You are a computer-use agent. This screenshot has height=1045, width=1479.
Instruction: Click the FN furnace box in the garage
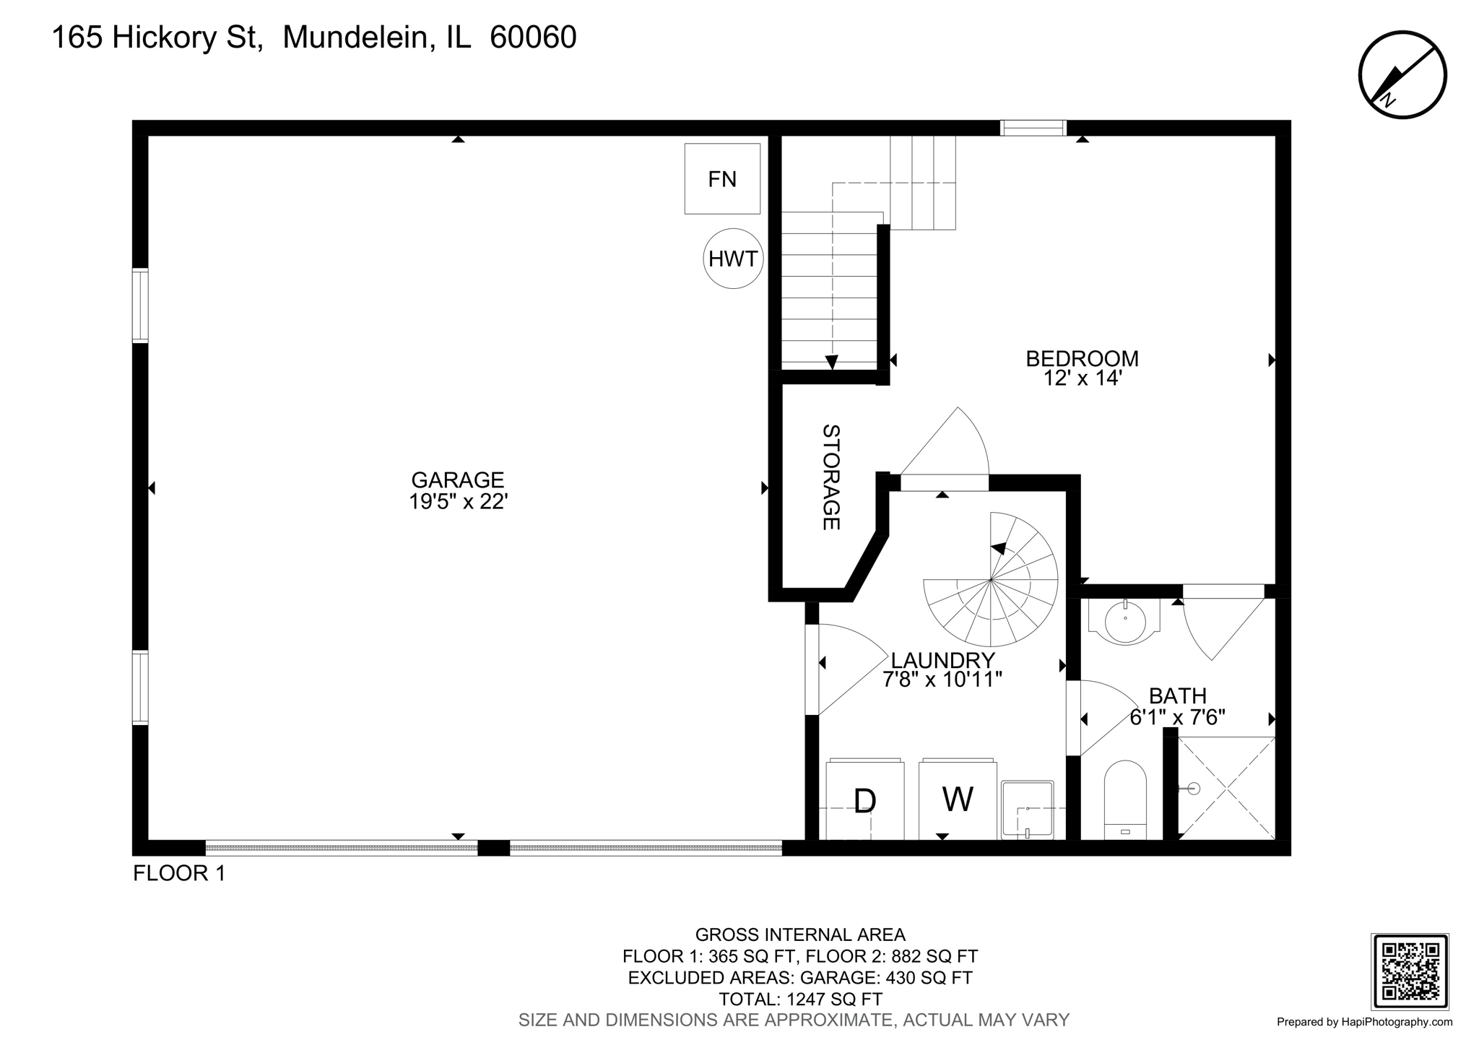point(722,178)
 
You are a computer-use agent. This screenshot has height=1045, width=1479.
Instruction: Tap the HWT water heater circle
point(733,259)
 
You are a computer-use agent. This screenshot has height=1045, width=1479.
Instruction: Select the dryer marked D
point(864,800)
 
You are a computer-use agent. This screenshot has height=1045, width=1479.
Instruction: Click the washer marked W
point(958,799)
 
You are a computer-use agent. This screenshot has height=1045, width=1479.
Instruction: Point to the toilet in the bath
point(1125,799)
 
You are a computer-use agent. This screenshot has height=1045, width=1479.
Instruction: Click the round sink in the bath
point(1125,622)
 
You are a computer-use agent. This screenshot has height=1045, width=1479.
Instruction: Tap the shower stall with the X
point(1226,788)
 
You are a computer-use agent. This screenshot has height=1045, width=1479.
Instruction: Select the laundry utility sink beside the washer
point(1027,810)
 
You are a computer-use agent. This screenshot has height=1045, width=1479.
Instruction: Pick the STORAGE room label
point(831,477)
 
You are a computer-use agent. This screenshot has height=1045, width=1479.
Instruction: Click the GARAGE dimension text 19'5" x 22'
point(458,501)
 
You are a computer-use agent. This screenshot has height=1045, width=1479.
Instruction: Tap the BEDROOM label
point(1082,358)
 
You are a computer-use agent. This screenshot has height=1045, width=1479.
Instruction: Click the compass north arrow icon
point(1402,74)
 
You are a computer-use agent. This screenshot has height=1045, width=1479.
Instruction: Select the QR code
point(1409,971)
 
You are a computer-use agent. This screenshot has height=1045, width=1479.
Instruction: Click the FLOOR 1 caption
point(179,873)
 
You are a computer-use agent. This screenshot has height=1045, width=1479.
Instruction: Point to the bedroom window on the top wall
point(1033,128)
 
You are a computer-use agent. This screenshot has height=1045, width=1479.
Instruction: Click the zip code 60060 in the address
point(533,38)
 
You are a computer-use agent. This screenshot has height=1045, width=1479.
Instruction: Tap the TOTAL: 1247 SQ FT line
point(800,1000)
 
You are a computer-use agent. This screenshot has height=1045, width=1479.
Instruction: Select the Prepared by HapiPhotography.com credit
point(1364,1022)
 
